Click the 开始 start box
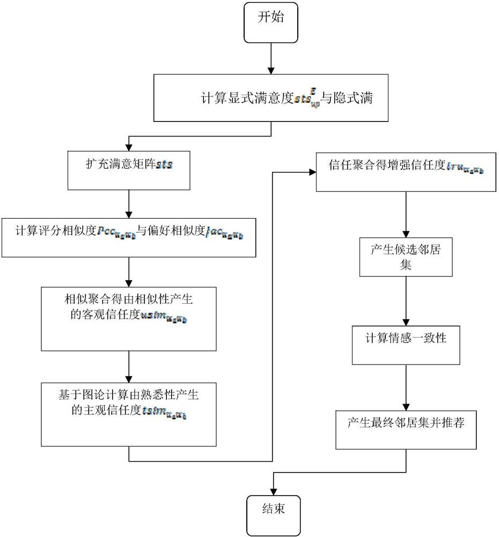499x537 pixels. [x=270, y=22]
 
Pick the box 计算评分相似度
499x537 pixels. [x=129, y=237]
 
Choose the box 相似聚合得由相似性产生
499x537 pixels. [x=129, y=319]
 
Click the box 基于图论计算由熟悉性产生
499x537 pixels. [x=129, y=413]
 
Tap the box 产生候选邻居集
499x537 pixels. [x=406, y=257]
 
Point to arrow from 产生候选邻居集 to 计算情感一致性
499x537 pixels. [x=406, y=301]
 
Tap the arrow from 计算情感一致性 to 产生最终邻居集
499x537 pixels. [x=406, y=386]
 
